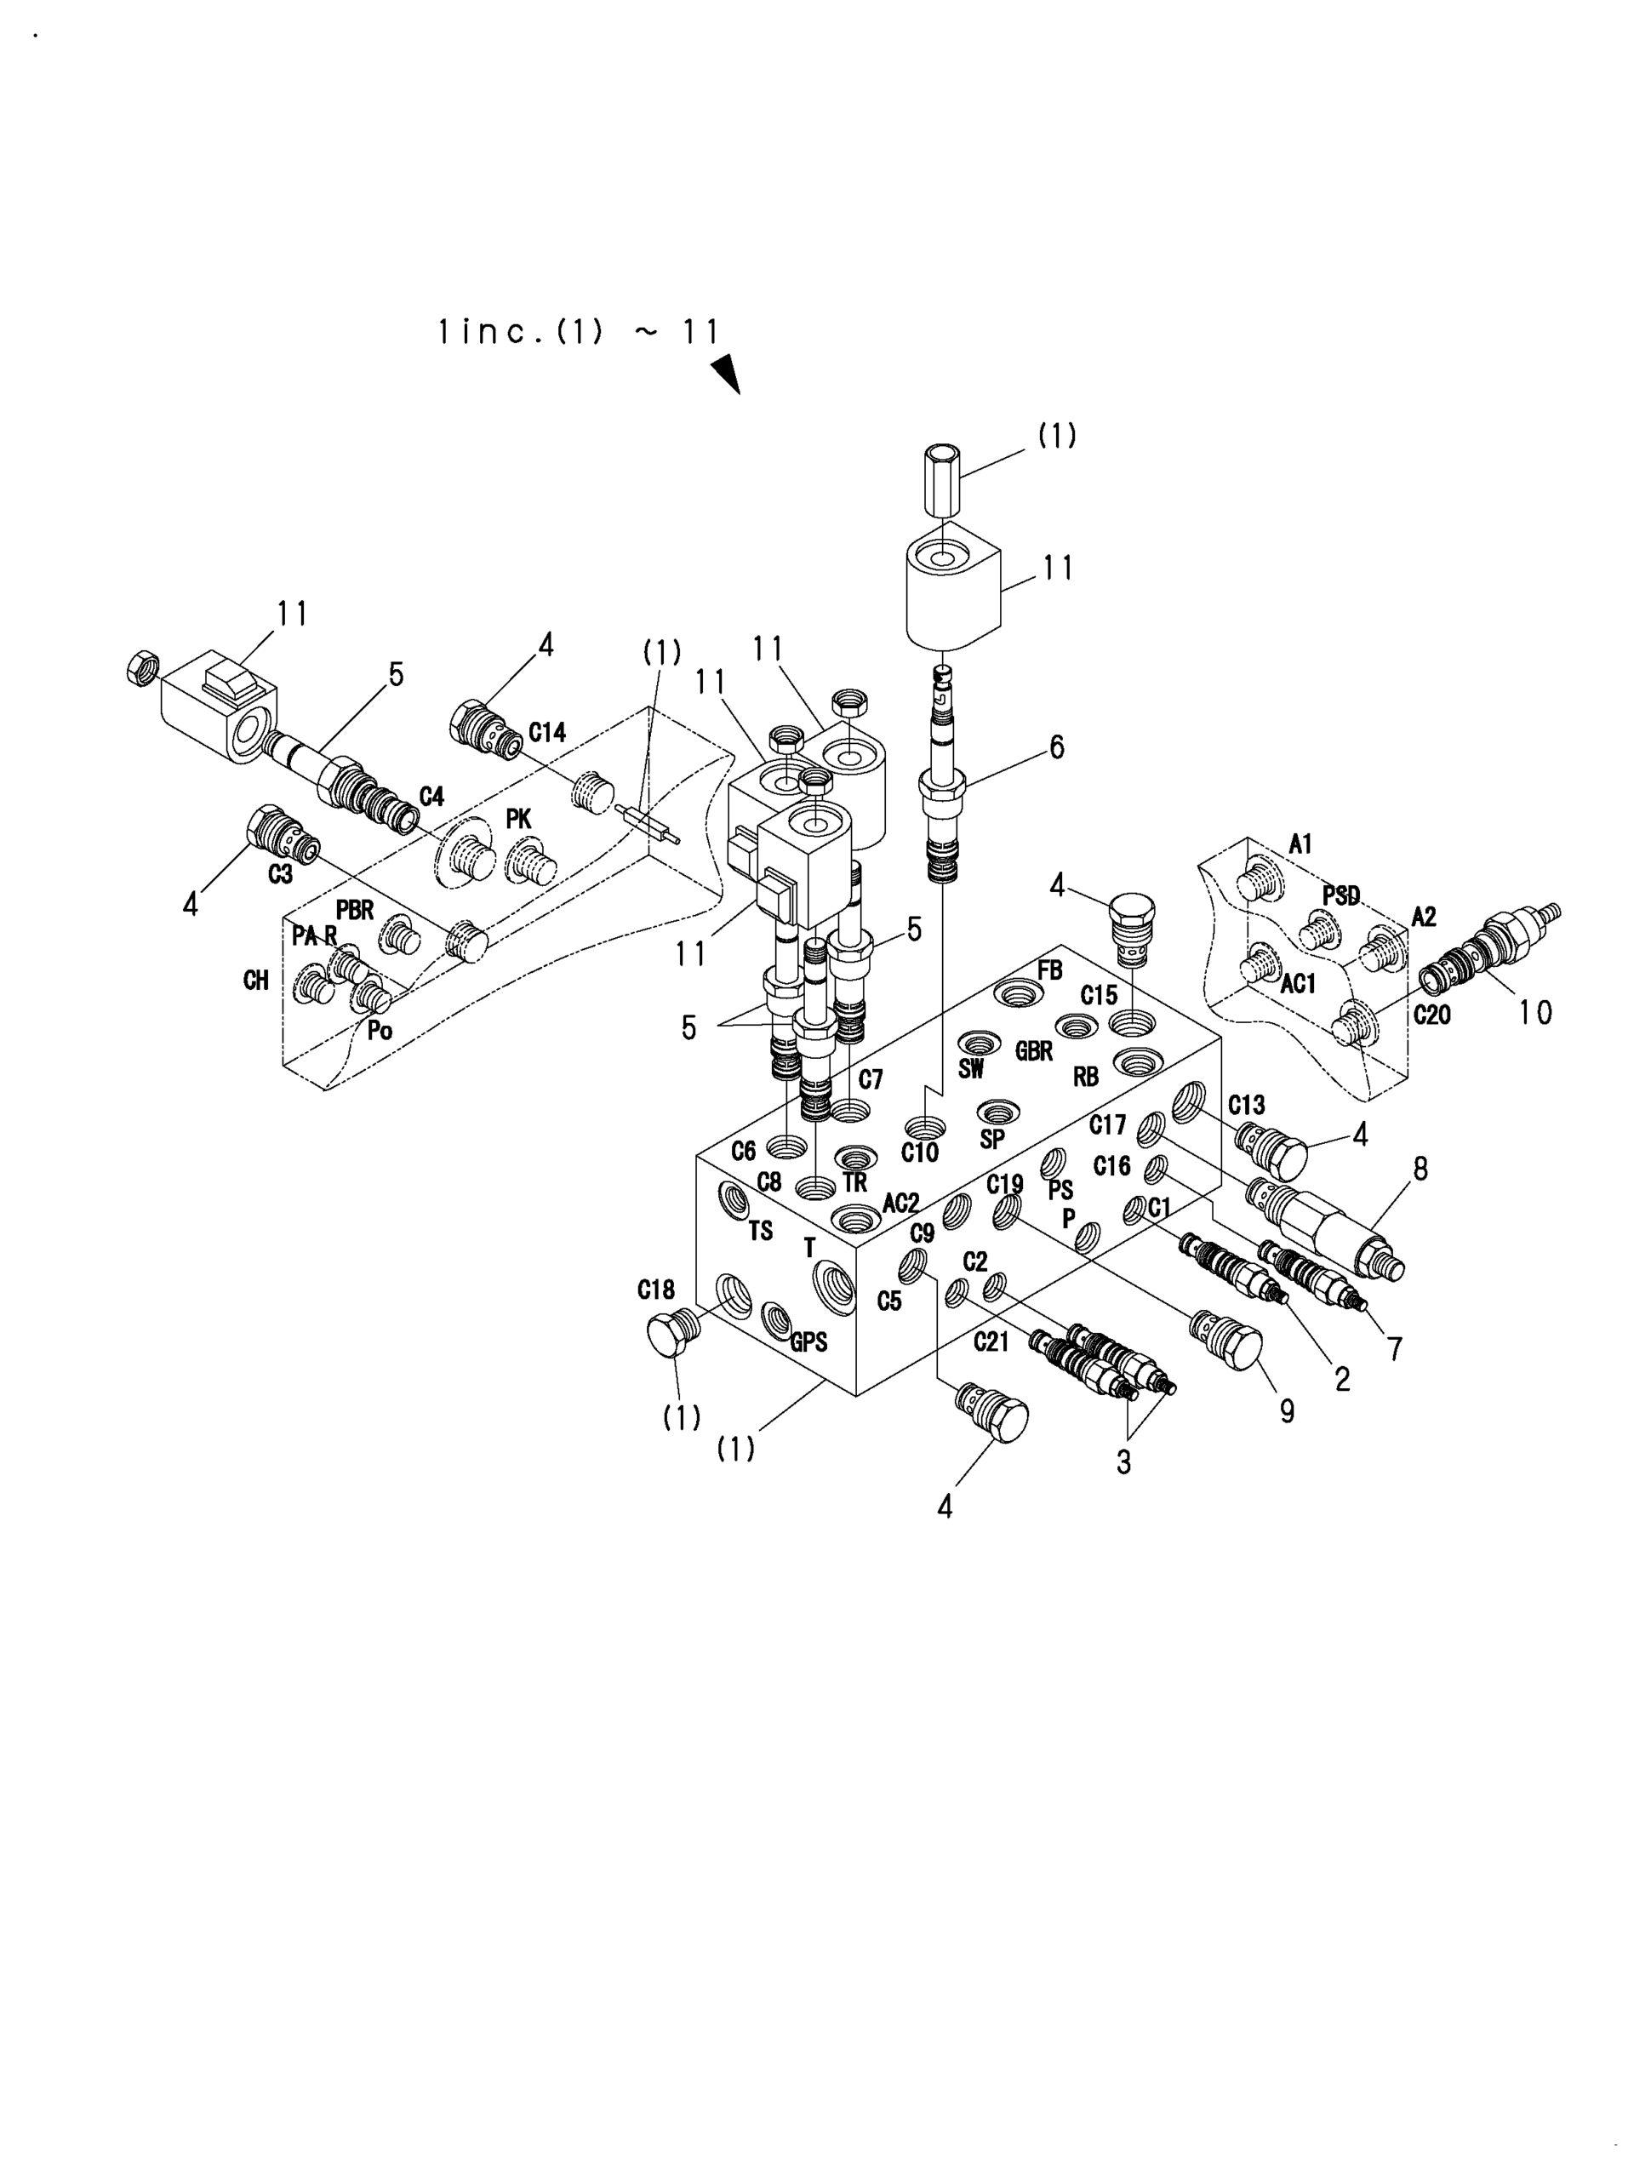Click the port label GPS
pos(808,1341)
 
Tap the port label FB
pos(1050,970)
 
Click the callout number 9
pos(1287,1410)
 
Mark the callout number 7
pos(1395,1347)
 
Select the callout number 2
pos(1342,1379)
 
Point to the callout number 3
pos(1124,1461)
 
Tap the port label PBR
pos(355,910)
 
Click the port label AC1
pos(1299,983)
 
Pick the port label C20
pos(1432,1015)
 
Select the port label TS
pos(761,1230)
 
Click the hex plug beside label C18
pos(674,1334)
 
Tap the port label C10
pos(920,1152)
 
